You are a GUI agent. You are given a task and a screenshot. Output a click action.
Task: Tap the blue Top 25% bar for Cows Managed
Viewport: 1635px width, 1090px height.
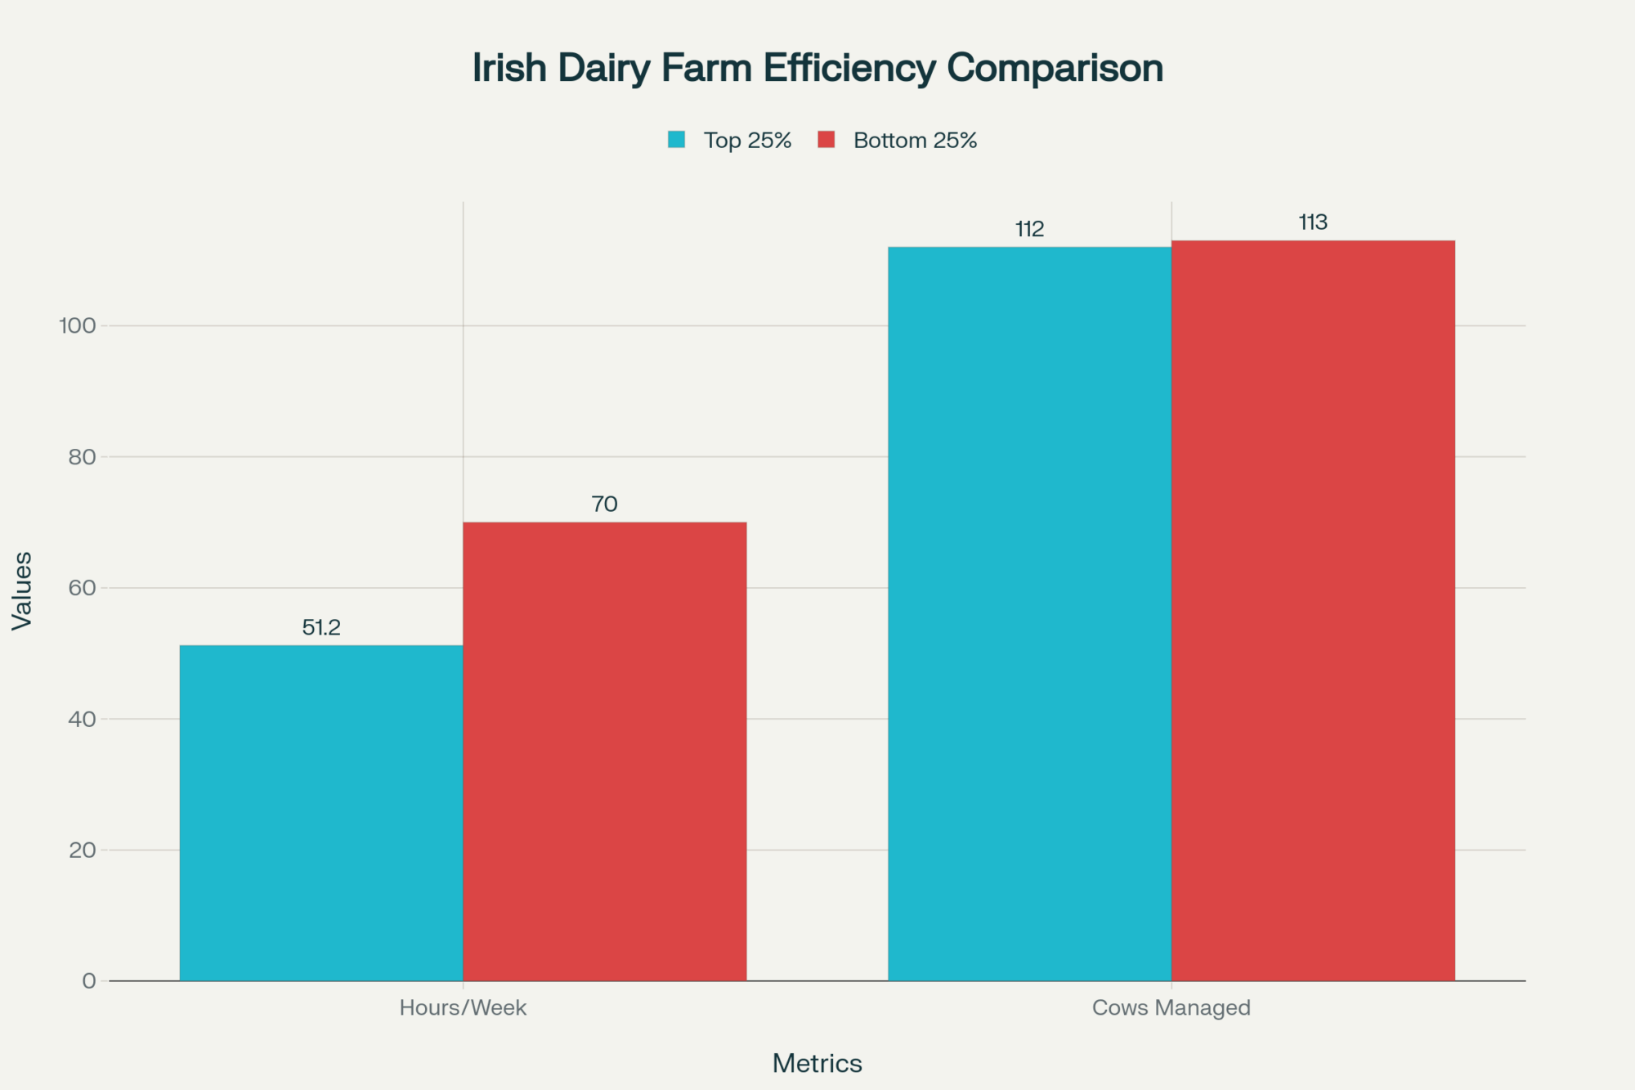tap(1029, 613)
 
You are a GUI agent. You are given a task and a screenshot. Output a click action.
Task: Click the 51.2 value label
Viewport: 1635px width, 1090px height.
tap(321, 627)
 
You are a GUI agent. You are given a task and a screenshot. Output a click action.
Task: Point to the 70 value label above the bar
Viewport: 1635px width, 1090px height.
tap(604, 504)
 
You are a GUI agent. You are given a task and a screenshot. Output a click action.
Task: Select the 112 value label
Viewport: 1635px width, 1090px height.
tap(1029, 229)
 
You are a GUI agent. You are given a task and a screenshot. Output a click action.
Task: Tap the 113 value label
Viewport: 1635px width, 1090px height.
tap(1313, 222)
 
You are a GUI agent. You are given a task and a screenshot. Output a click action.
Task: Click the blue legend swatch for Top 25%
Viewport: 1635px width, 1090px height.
tap(676, 140)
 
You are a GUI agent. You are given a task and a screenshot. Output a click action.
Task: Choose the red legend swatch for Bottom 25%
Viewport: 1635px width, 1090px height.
tap(826, 140)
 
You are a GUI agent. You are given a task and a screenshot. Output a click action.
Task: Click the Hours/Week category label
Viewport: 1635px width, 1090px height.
tap(463, 1007)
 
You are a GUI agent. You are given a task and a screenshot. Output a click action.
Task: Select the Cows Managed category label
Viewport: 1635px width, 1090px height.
tap(1171, 1007)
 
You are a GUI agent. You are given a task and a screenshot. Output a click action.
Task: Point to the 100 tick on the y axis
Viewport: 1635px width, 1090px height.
tap(77, 325)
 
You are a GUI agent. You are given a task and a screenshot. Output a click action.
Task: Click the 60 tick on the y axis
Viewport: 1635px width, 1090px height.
tap(82, 588)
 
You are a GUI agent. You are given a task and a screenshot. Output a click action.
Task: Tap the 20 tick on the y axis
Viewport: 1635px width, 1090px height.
tap(82, 850)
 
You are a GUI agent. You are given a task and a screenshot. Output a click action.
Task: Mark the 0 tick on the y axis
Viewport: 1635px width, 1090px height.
tap(88, 981)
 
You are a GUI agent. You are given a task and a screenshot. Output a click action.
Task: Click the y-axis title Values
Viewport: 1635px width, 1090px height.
tap(22, 590)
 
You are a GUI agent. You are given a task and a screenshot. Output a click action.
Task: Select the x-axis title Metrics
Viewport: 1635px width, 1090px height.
tap(817, 1063)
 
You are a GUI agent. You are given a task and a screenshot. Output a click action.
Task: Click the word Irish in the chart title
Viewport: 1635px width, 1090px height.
tap(509, 68)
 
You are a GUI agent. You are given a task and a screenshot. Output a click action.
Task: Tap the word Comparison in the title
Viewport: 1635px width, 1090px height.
tap(1055, 68)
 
